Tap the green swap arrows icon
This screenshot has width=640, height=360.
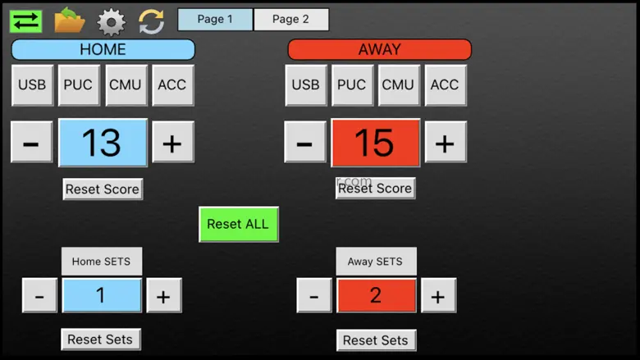click(26, 21)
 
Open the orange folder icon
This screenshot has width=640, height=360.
click(70, 21)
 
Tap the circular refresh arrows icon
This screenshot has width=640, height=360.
click(151, 21)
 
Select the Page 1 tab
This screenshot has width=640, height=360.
click(215, 20)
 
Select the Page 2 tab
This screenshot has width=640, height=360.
click(291, 20)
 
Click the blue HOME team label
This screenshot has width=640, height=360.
click(103, 49)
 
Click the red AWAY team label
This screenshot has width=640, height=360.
click(379, 49)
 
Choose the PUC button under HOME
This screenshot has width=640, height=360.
click(79, 85)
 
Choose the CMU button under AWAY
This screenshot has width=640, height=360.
click(398, 85)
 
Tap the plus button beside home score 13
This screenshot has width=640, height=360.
click(172, 143)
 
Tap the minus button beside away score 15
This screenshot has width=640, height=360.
click(304, 143)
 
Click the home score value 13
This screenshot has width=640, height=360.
click(103, 143)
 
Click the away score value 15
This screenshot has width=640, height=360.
click(375, 143)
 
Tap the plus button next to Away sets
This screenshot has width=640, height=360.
click(438, 295)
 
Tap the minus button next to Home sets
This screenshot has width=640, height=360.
click(39, 295)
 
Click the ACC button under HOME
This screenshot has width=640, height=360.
click(172, 85)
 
